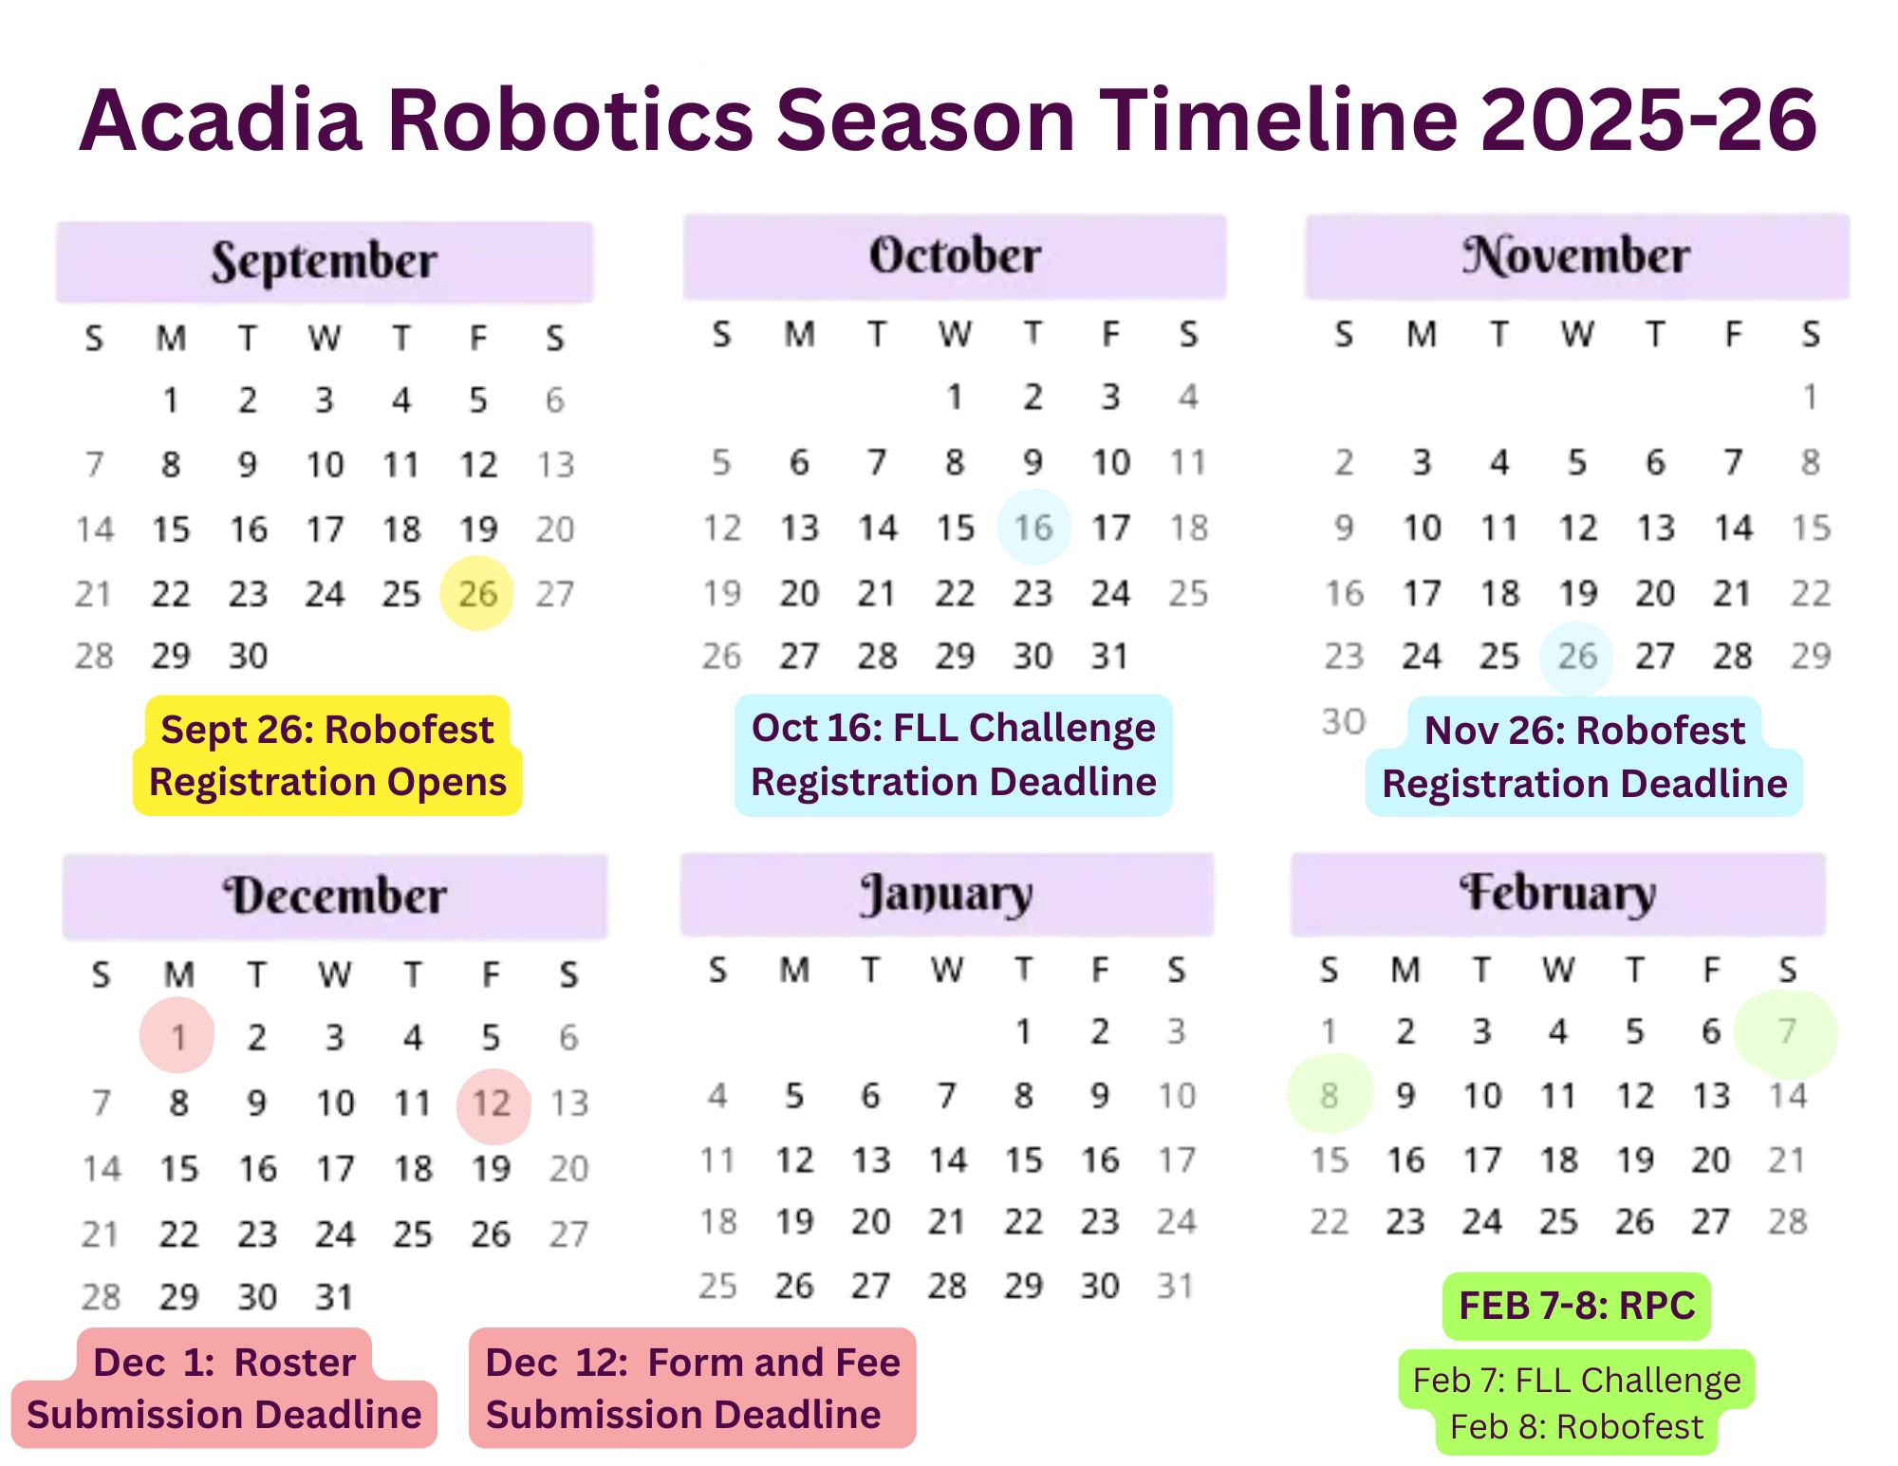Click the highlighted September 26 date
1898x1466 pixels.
477,593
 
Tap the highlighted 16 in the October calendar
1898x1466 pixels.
1033,527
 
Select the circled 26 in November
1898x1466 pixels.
1576,657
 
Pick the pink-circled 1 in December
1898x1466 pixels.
177,1035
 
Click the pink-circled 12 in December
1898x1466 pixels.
493,1104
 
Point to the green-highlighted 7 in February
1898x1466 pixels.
1786,1031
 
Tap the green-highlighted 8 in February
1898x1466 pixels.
1330,1094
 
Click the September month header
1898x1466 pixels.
325,262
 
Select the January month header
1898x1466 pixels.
947,894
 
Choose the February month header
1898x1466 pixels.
1558,894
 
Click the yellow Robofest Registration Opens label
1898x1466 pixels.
327,756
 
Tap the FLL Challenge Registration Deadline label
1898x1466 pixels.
954,755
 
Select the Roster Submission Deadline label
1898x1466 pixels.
224,1388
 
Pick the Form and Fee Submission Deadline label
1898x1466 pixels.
693,1388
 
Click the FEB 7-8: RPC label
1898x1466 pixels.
1576,1307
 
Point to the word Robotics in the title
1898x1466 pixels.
570,120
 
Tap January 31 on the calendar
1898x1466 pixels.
1175,1287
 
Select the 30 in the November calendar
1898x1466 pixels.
1344,722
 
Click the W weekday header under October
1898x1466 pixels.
956,334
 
